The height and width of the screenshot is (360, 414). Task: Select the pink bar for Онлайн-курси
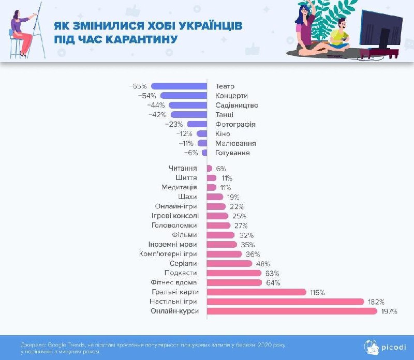[x=292, y=311]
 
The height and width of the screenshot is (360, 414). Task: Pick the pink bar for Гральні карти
[x=257, y=292]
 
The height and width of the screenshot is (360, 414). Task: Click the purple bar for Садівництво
[x=188, y=105]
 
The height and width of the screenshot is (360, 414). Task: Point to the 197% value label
[x=389, y=311]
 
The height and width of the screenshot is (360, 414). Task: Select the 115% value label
[x=317, y=292]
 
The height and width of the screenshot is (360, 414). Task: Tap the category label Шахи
[x=187, y=197]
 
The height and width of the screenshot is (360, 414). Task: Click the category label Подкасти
[x=181, y=273]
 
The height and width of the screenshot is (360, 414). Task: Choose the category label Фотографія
[x=235, y=124]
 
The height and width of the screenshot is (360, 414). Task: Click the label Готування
[x=232, y=153]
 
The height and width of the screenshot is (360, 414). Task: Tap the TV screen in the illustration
[x=383, y=30]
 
